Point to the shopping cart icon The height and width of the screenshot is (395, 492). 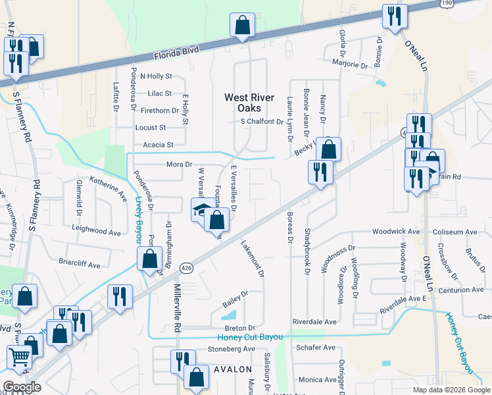20,358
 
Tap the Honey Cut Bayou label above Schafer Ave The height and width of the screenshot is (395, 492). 250,337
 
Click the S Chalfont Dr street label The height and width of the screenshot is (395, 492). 261,122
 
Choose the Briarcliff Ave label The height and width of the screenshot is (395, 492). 78,265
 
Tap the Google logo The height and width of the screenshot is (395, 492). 22,387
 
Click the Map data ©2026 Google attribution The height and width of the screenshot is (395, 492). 451,390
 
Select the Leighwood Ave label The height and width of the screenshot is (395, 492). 97,232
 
